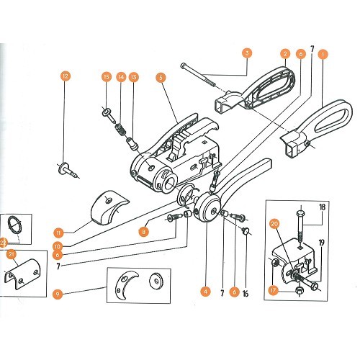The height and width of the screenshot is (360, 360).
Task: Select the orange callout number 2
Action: point(285,53)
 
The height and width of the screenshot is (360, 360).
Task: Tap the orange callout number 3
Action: point(247,53)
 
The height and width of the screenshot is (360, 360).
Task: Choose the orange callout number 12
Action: point(66,76)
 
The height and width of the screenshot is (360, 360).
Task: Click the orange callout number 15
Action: point(107,76)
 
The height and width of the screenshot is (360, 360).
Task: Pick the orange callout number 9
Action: point(58,293)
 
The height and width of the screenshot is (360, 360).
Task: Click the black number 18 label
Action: point(322,207)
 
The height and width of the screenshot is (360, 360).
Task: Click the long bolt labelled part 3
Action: point(210,72)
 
